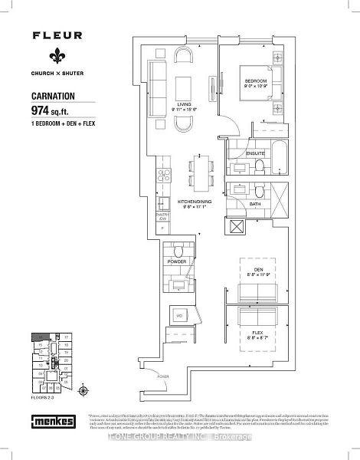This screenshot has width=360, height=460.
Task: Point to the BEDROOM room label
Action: [x=255, y=81]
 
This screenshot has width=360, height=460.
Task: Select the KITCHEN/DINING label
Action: [x=195, y=202]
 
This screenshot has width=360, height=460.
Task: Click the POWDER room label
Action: [x=178, y=261]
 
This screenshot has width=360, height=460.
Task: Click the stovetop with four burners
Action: [x=163, y=174]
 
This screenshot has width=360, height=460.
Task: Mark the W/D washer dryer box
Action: [x=181, y=314]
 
